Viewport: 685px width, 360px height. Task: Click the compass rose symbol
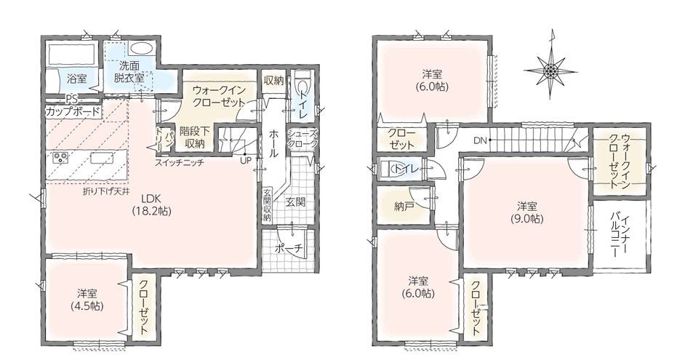point(550,69)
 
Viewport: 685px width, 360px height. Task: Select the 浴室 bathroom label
point(77,79)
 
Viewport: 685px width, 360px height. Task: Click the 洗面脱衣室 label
point(129,73)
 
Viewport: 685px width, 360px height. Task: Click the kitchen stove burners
point(60,157)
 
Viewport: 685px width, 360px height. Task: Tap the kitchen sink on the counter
point(102,157)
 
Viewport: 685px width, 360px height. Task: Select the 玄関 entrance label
point(295,202)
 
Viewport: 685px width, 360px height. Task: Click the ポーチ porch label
point(289,249)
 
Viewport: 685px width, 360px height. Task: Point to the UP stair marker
point(246,160)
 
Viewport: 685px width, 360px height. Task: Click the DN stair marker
point(480,140)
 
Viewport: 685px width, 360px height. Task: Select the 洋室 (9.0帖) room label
point(527,212)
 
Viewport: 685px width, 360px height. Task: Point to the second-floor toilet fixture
point(388,169)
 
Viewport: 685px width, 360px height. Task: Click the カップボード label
point(73,111)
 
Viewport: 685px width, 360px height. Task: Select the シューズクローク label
point(302,139)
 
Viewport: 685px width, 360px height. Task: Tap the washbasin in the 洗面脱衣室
point(140,48)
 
